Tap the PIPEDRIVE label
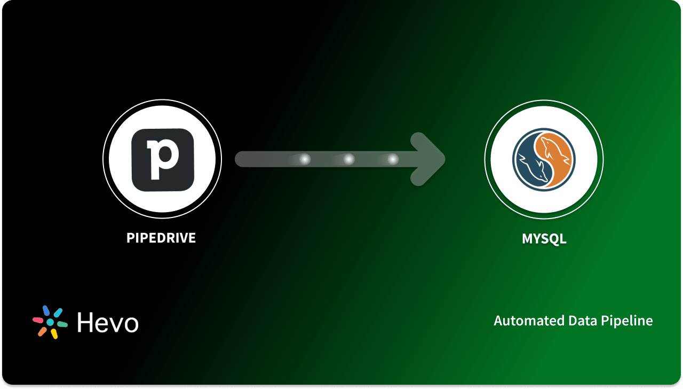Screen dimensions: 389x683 coord(161,238)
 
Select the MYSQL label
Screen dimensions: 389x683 coord(544,238)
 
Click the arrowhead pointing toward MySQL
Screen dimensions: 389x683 coord(430,159)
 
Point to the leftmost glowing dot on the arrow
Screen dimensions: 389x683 coord(305,159)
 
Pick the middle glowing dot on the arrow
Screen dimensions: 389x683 coord(348,159)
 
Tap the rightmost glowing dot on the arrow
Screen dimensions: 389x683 coord(393,159)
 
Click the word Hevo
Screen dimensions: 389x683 coord(107,323)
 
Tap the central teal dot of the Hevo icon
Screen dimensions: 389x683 coord(50,322)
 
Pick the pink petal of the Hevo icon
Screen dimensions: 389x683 coord(38,320)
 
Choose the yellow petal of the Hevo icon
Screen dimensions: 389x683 coord(54,334)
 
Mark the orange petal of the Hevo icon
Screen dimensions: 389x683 coord(42,331)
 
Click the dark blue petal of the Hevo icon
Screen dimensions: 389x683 coord(46,310)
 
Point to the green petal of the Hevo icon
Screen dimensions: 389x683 coord(62,324)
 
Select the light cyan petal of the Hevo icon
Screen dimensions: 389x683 coord(58,313)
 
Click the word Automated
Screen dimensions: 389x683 coord(523,321)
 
